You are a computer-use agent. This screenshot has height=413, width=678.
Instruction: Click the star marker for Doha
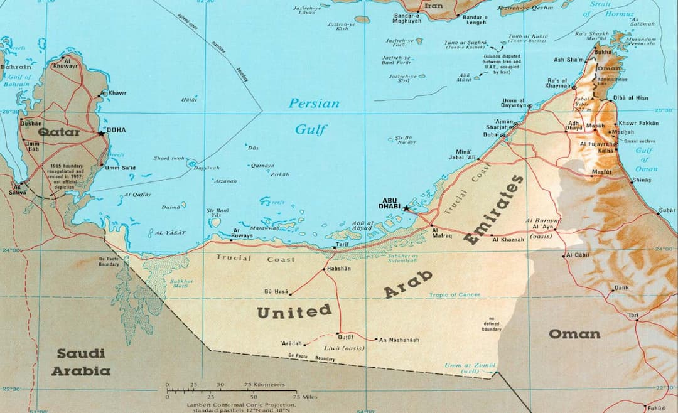click(101, 133)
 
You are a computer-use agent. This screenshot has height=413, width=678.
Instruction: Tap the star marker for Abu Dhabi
click(406, 208)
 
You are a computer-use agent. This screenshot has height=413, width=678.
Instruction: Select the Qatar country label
click(59, 132)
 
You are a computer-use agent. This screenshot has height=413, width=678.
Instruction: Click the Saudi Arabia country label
click(80, 362)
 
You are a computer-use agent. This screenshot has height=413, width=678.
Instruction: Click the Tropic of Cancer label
click(455, 295)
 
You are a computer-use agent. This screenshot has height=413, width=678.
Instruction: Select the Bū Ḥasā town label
click(276, 292)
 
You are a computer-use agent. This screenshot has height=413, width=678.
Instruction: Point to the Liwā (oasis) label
click(343, 348)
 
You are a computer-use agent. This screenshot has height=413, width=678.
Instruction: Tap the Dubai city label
click(490, 135)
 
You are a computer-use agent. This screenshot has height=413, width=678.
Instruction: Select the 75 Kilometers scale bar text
click(264, 384)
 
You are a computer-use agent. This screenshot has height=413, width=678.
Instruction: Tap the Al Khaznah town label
click(508, 239)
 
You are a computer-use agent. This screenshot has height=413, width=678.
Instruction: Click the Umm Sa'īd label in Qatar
click(121, 168)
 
